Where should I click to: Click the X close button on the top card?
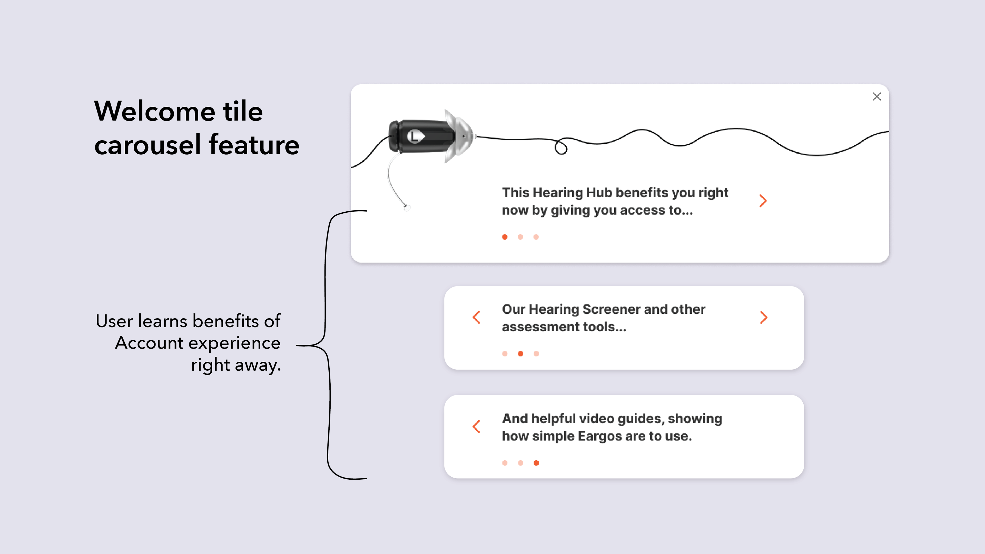(x=877, y=97)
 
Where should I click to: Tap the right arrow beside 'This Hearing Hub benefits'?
(x=763, y=201)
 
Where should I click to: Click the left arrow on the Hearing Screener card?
(x=476, y=317)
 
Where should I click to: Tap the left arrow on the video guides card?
(x=476, y=427)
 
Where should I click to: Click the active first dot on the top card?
(x=505, y=237)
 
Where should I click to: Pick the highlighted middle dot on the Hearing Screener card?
(x=520, y=354)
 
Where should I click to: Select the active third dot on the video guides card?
(x=536, y=463)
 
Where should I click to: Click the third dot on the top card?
(x=536, y=237)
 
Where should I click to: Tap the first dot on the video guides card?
(x=505, y=463)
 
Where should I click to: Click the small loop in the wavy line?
(x=561, y=147)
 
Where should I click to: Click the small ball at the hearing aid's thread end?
(x=407, y=207)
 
